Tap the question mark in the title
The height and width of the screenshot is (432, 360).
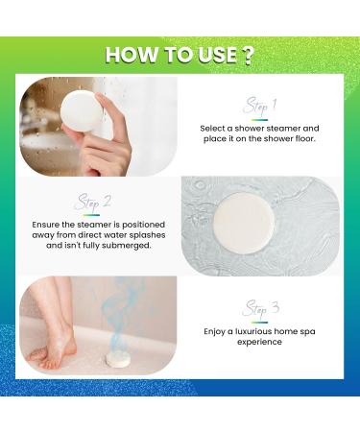tap(249, 55)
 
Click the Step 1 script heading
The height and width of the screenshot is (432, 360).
tap(260, 104)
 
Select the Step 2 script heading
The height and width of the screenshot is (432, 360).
tap(93, 203)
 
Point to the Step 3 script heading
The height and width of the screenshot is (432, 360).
tap(260, 307)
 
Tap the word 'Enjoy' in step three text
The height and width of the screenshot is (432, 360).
tap(216, 331)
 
